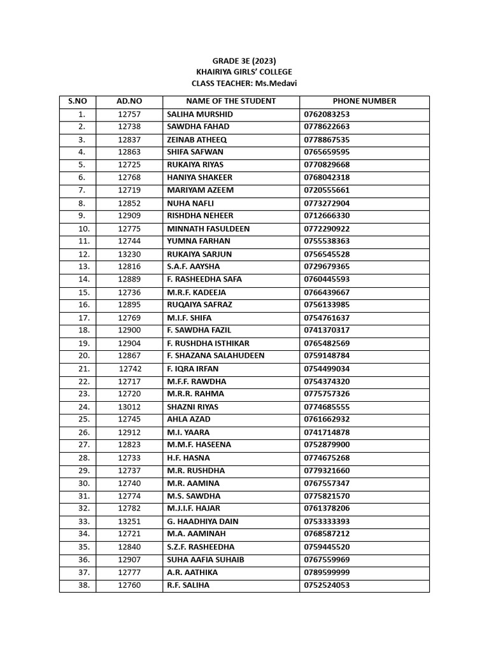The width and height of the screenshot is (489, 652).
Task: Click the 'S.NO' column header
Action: point(77,101)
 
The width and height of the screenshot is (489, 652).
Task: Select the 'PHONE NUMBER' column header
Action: point(364,101)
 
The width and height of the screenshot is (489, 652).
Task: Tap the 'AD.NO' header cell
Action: point(129,101)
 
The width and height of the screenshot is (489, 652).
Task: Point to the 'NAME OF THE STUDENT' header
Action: point(230,101)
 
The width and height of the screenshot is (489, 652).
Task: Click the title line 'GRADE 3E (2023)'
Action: point(244,61)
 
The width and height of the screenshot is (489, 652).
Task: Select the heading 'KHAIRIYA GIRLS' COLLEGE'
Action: point(244,72)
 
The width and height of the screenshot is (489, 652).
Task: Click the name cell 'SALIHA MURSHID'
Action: point(200,114)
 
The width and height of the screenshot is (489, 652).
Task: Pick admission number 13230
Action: point(129,254)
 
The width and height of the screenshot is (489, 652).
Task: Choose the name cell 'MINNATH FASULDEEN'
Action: point(208,229)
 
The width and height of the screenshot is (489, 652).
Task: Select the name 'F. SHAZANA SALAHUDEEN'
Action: point(215,356)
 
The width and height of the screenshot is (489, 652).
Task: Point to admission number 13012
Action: point(129,407)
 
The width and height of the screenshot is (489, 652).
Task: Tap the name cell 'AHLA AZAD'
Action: point(188,420)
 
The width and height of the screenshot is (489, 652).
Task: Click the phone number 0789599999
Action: point(327,572)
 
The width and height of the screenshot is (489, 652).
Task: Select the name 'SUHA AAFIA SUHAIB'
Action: point(205,560)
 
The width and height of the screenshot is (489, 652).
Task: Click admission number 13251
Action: point(129,521)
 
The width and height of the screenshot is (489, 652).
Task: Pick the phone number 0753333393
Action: point(327,521)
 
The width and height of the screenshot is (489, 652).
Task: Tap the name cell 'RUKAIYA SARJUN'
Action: point(199,254)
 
